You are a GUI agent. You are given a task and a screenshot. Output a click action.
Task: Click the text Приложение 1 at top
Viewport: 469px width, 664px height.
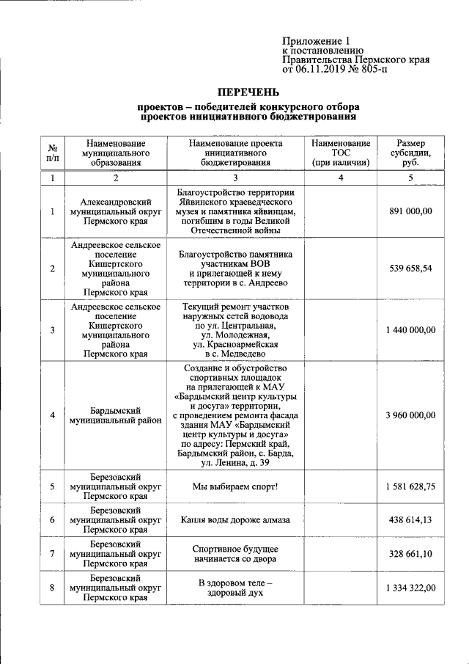coord(317,41)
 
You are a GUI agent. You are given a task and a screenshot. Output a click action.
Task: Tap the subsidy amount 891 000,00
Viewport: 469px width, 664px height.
coord(411,211)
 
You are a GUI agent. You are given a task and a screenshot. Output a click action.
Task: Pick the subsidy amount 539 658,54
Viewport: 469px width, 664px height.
coord(411,268)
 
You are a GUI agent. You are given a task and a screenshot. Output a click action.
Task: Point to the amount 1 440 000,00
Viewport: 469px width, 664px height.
coord(411,330)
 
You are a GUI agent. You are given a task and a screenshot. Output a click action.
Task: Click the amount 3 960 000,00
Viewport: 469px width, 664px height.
coord(411,415)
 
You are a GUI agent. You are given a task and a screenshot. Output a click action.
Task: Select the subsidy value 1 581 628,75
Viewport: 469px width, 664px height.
coord(411,486)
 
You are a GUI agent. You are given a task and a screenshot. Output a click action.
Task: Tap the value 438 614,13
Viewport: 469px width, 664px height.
coord(411,519)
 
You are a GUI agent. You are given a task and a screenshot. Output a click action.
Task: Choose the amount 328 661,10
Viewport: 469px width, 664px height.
coord(411,554)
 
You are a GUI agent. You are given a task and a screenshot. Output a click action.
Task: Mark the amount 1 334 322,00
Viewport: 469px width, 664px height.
coord(411,588)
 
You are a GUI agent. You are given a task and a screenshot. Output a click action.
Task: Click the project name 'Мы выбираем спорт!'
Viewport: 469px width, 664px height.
coord(235,486)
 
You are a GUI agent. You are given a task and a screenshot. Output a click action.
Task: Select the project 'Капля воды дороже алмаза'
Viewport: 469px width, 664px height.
coord(235,519)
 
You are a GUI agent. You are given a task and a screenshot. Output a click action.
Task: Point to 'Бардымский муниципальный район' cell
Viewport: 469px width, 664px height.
coord(115,415)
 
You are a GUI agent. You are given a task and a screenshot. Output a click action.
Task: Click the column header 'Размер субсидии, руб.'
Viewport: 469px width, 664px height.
coord(411,153)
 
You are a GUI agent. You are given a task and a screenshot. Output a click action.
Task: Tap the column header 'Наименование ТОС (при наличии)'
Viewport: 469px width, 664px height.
coord(340,153)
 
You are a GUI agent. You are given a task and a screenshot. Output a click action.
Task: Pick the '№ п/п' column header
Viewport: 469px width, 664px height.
coord(52,153)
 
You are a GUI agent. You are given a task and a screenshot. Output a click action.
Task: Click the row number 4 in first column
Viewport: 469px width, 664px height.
coord(52,415)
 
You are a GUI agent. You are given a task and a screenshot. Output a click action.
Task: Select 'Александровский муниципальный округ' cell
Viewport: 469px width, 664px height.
coord(115,211)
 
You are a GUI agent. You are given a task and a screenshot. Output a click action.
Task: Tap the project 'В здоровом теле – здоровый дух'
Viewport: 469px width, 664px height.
coord(235,588)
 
